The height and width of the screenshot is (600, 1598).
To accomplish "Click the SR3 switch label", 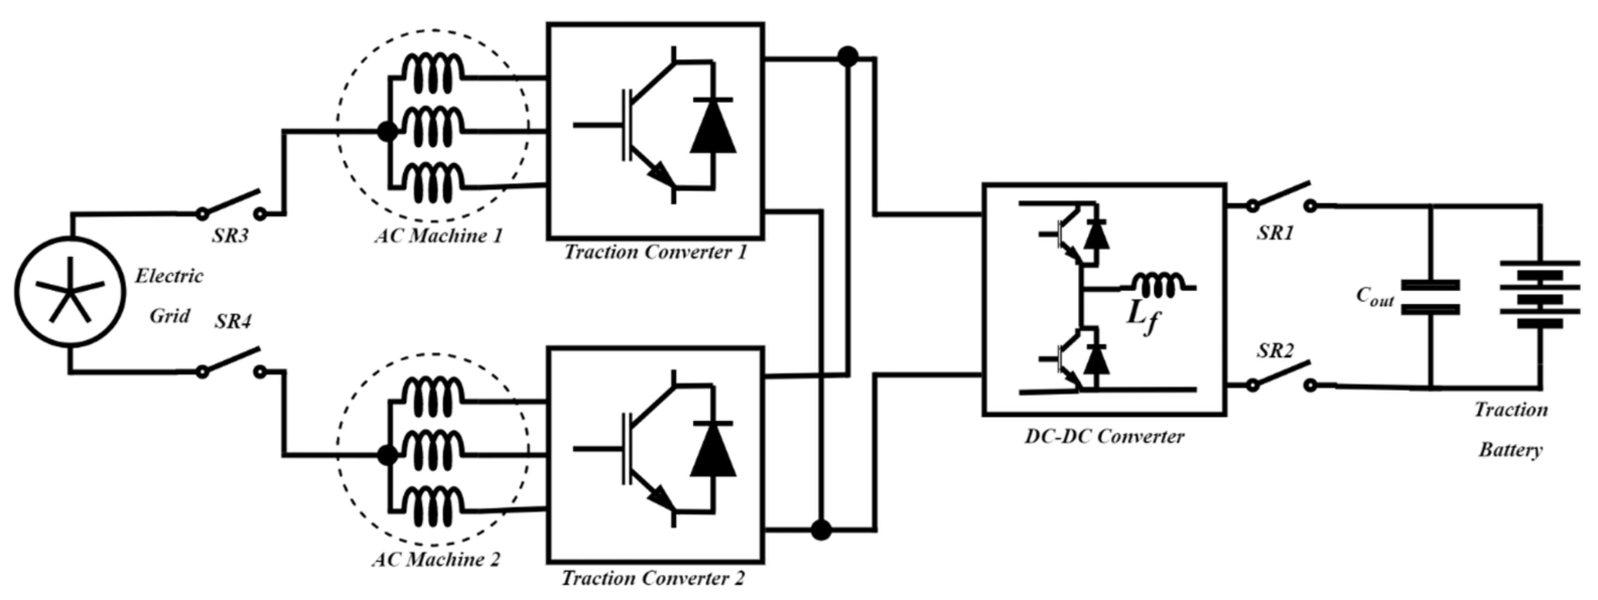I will coord(230,236).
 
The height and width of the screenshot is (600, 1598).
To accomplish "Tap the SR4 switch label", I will coord(233,322).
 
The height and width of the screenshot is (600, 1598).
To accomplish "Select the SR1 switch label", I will coord(1276,233).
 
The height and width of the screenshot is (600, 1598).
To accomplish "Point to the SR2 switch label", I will coord(1276,351).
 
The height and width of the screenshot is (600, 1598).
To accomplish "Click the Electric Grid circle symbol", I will coord(70,291).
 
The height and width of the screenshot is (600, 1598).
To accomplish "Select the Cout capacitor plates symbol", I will coord(1431,297).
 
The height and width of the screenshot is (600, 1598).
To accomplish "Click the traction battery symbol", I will coord(1540,295).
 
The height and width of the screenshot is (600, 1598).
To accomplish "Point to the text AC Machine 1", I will coord(438,236).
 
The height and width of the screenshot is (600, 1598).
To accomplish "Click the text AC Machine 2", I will coord(436,560).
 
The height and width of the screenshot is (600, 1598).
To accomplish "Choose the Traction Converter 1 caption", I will coord(655,252).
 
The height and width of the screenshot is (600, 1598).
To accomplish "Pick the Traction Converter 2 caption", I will coord(653,578).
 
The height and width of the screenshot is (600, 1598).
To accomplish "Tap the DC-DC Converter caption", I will coord(1104,436).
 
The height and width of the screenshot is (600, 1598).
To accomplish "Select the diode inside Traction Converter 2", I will coord(713,451).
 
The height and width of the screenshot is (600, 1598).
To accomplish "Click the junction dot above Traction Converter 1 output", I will coord(847,57).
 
